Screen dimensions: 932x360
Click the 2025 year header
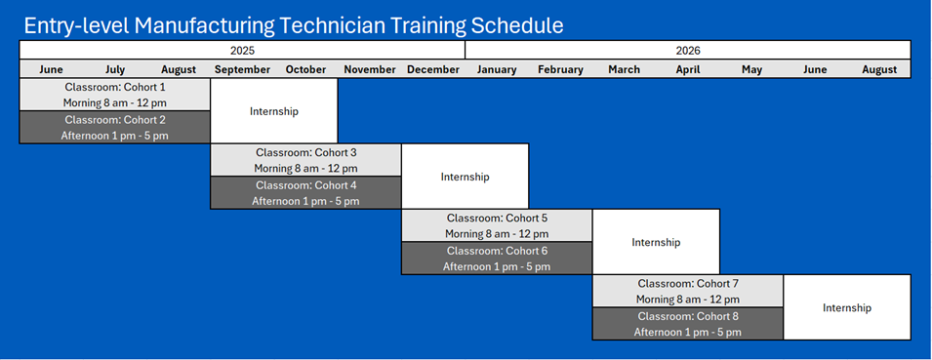point(242,51)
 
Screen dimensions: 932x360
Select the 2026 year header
point(688,51)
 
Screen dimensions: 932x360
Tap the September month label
point(242,69)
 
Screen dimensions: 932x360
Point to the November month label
point(370,69)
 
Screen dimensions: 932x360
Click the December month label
point(433,69)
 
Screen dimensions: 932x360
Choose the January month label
point(497,69)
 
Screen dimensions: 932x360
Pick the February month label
point(560,69)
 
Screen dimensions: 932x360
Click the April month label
point(688,69)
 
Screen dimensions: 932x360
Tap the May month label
point(751,69)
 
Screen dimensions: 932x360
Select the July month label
point(115,69)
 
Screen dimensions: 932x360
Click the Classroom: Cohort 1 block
point(115,95)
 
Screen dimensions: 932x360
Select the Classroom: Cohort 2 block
point(115,127)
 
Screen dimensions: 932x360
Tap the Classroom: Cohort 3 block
point(306,160)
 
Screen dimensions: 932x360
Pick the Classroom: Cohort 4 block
point(306,192)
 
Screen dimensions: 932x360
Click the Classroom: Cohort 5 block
point(497,225)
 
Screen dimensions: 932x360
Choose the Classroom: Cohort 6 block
point(497,258)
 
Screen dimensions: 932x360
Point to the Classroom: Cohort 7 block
point(688,291)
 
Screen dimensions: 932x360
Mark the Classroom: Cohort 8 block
point(688,324)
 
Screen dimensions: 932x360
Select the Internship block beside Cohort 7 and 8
point(847,307)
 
